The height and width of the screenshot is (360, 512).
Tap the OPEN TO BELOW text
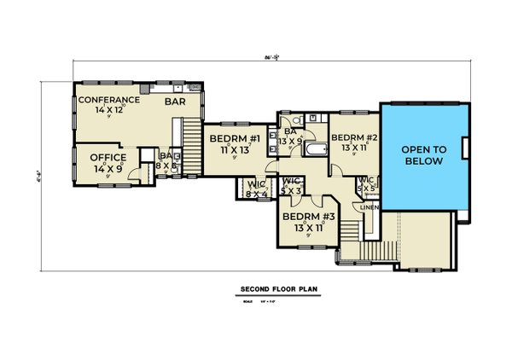point(423,154)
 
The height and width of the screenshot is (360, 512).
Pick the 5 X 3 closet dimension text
point(291,190)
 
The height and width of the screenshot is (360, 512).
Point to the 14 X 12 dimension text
point(109,110)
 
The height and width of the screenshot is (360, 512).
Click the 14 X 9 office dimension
point(108,168)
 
